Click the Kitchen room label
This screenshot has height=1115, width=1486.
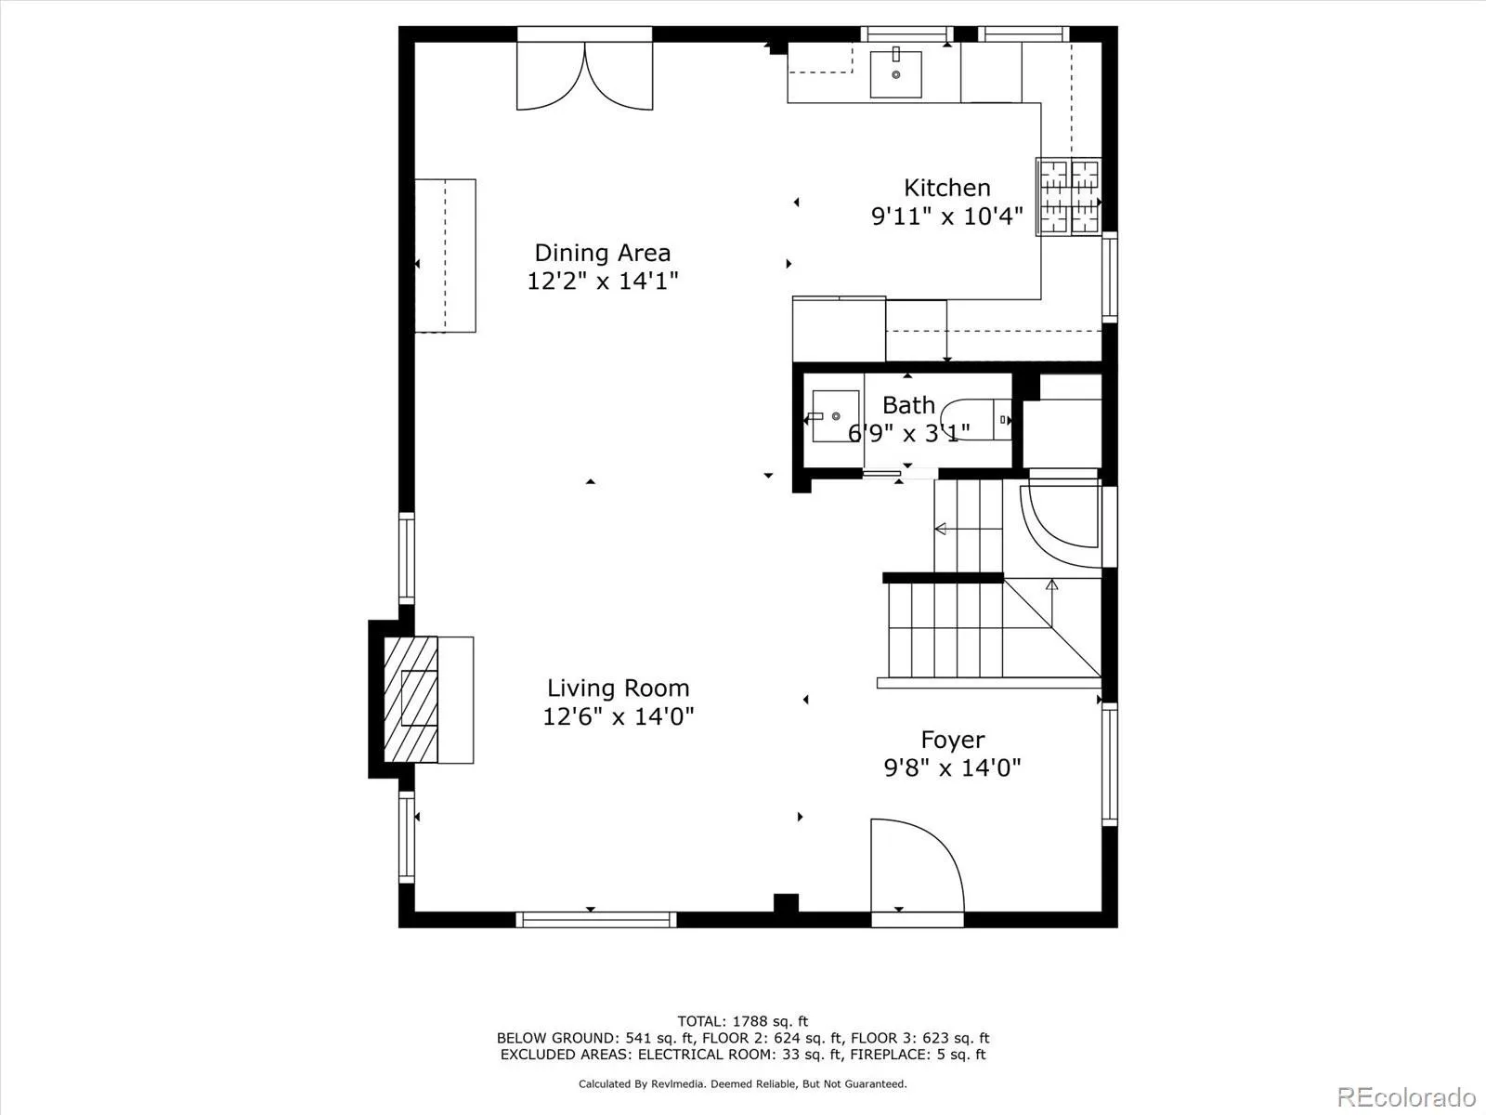(x=946, y=188)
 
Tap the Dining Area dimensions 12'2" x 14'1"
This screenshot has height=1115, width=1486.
(x=603, y=281)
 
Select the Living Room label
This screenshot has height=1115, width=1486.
(x=618, y=689)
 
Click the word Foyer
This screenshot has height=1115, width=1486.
(x=952, y=741)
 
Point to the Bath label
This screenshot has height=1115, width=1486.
(x=908, y=405)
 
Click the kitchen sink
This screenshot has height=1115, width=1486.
(x=895, y=74)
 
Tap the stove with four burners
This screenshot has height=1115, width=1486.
(x=1069, y=197)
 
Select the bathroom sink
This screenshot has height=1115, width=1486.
(x=834, y=416)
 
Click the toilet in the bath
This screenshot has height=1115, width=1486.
(x=975, y=419)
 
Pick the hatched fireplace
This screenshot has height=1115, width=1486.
(x=411, y=699)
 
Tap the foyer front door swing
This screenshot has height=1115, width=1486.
(x=915, y=864)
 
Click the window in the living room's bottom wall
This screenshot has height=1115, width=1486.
(x=595, y=919)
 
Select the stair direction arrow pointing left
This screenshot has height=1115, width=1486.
(x=941, y=529)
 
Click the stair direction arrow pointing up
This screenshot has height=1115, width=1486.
(x=1051, y=585)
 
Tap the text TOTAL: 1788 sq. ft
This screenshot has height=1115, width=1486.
(x=742, y=1021)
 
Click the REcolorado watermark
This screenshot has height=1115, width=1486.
(x=1405, y=1096)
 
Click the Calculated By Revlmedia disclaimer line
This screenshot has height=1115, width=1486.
(x=742, y=1083)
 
